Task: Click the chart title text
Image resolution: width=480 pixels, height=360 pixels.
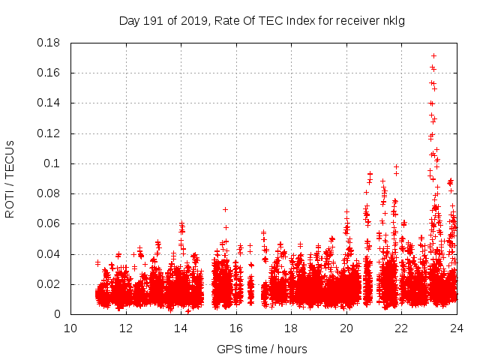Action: (x=262, y=20)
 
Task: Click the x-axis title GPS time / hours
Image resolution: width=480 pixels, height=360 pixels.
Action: (x=262, y=349)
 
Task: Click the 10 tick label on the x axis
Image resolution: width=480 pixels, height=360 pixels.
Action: (x=70, y=328)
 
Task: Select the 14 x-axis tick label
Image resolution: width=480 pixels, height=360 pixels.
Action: (x=181, y=328)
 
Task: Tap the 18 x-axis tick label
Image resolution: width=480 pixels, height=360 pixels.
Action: (x=291, y=328)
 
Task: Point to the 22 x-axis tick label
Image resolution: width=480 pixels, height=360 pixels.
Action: (x=401, y=328)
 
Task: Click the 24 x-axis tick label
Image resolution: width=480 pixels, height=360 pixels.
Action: (x=456, y=328)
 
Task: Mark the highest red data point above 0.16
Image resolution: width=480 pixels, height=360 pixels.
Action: (x=433, y=55)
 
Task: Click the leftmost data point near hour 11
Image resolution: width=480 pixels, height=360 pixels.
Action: (x=97, y=262)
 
